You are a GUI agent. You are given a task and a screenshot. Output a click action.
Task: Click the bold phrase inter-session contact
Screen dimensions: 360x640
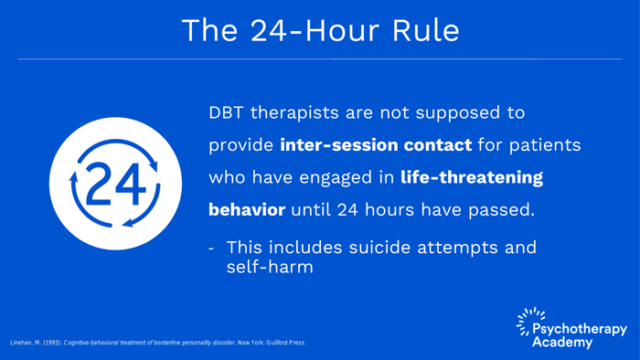[376, 146]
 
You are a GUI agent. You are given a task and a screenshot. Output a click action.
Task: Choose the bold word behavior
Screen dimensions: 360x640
[247, 210]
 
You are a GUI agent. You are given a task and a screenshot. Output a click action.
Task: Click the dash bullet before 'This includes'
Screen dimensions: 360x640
[212, 248]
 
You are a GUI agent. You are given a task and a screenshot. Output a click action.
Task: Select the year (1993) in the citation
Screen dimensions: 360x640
[51, 343]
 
